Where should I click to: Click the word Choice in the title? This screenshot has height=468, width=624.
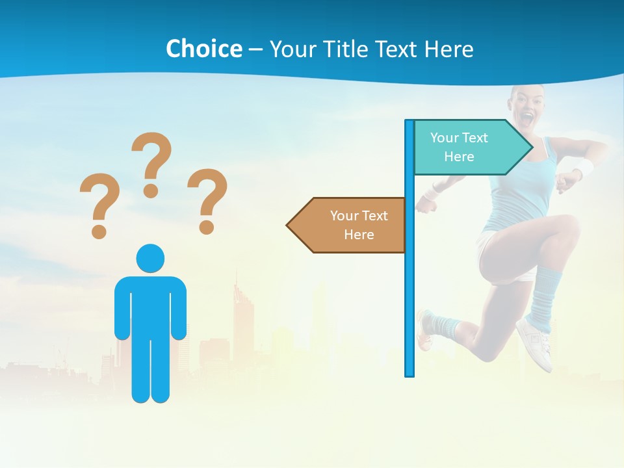203,49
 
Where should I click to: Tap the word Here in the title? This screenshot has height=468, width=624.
448,49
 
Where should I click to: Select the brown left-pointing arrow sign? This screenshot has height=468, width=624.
348,225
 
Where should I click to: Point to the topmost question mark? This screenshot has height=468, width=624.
151,162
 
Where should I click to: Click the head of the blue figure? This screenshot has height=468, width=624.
150,258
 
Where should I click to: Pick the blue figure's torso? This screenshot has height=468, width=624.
150,305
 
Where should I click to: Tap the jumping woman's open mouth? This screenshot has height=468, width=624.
526,119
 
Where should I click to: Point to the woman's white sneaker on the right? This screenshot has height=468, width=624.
536,341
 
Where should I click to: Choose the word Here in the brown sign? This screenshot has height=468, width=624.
359,235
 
